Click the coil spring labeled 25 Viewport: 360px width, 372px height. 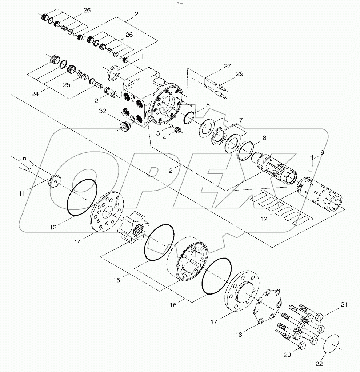82,77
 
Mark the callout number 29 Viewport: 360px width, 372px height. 239,74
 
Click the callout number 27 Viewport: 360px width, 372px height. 227,66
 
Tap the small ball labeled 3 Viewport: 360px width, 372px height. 170,126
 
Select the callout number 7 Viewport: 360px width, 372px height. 240,120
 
